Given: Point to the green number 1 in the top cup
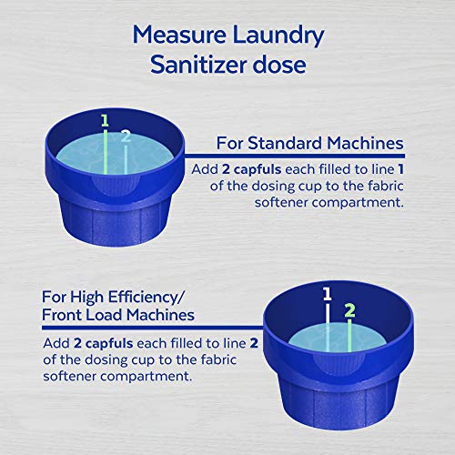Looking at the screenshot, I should pos(105,120).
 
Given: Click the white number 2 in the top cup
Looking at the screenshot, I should pos(126,136).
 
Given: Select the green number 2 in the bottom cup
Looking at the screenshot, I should pos(348,309).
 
